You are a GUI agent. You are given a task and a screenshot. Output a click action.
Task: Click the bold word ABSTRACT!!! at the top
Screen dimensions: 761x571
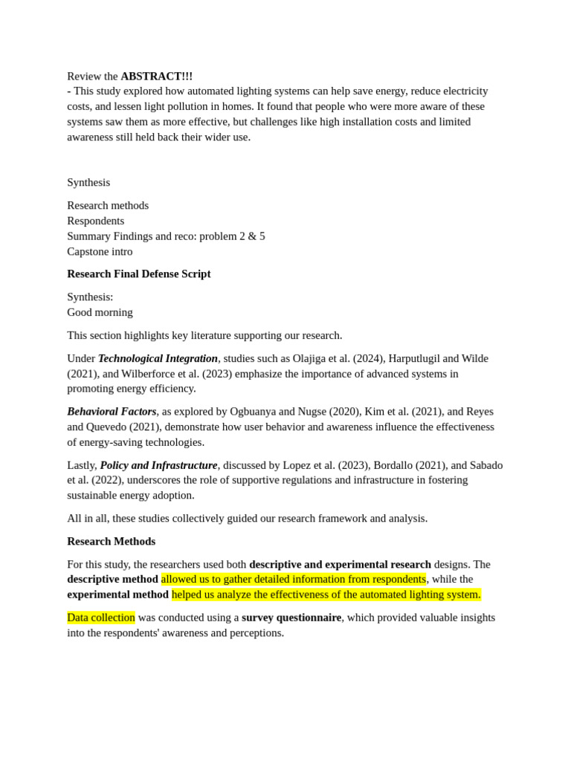tap(156, 77)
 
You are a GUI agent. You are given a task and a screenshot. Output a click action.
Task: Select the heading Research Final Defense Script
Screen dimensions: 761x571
tap(139, 274)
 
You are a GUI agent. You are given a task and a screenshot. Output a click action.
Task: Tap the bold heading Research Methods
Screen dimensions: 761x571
tap(111, 542)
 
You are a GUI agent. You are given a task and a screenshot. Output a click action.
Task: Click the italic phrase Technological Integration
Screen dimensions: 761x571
tap(158, 358)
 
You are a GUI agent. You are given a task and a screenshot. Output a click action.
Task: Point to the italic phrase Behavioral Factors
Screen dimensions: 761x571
tap(112, 412)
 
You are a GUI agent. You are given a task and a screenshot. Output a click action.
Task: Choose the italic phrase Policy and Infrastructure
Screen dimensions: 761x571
tap(158, 465)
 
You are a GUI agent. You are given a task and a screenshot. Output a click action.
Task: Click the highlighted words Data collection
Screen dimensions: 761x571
tap(101, 618)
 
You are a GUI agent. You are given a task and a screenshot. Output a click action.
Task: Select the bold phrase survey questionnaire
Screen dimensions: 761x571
tap(291, 618)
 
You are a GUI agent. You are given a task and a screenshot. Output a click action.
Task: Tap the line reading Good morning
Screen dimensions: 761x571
tap(100, 312)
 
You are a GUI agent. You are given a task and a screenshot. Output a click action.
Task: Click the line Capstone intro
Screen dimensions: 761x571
tap(100, 252)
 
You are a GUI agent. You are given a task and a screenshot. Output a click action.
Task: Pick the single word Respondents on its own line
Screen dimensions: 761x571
tap(95, 221)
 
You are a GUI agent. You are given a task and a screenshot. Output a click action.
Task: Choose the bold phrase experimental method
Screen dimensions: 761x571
tap(117, 595)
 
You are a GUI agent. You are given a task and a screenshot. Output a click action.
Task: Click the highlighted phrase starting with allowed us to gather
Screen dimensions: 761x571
tap(294, 579)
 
